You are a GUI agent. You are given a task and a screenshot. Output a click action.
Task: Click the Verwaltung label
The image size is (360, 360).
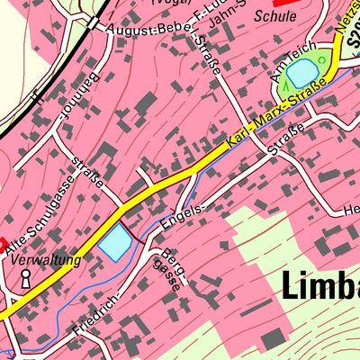click(47, 260)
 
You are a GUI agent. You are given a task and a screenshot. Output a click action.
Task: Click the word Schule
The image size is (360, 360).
click(275, 15)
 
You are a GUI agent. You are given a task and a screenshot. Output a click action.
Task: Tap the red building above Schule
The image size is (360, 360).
click(283, 3)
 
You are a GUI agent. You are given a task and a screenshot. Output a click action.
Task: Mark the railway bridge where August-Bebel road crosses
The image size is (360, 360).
click(93, 22)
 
